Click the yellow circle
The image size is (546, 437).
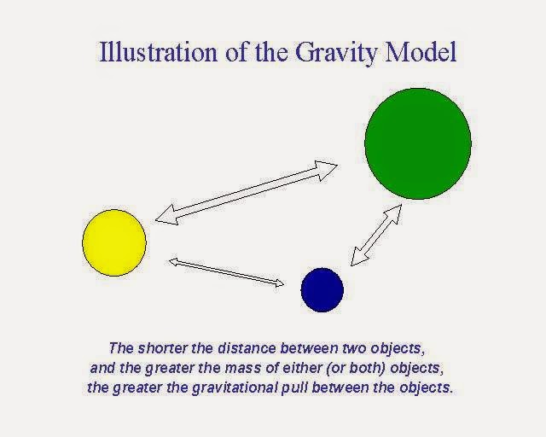click(114, 243)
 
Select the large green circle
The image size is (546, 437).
click(418, 143)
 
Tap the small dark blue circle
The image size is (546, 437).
click(322, 289)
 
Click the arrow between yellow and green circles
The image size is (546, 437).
click(247, 193)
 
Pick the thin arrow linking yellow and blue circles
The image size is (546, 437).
click(226, 272)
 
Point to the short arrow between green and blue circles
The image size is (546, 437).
click(376, 236)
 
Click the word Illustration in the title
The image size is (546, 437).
click(158, 52)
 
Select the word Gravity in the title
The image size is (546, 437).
click(336, 53)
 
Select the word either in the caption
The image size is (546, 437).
click(302, 368)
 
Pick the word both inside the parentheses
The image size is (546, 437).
click(366, 368)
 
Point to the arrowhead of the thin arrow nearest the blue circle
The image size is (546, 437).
click(280, 283)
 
